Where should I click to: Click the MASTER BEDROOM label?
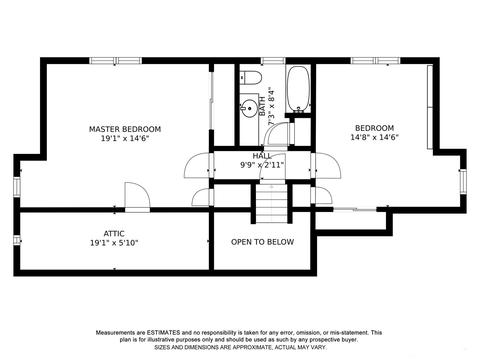[125, 129]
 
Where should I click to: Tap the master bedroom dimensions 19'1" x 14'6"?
[125, 138]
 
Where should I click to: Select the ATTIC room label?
[114, 234]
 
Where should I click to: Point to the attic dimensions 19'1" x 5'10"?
[114, 243]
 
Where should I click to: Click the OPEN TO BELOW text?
[263, 242]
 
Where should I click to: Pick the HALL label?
[262, 156]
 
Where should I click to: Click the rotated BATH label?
[262, 106]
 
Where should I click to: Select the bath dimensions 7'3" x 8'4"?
[271, 107]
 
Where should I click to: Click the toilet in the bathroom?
[251, 77]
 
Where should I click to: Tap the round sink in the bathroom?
[249, 109]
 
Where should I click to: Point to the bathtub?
[299, 89]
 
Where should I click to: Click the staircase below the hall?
[271, 203]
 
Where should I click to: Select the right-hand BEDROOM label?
[374, 128]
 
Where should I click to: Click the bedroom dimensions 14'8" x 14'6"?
[375, 137]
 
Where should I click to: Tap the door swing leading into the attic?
[137, 197]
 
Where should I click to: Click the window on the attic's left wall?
[17, 240]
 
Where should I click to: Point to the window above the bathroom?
[273, 61]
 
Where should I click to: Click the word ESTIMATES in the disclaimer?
[164, 333]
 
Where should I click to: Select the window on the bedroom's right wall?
[462, 180]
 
